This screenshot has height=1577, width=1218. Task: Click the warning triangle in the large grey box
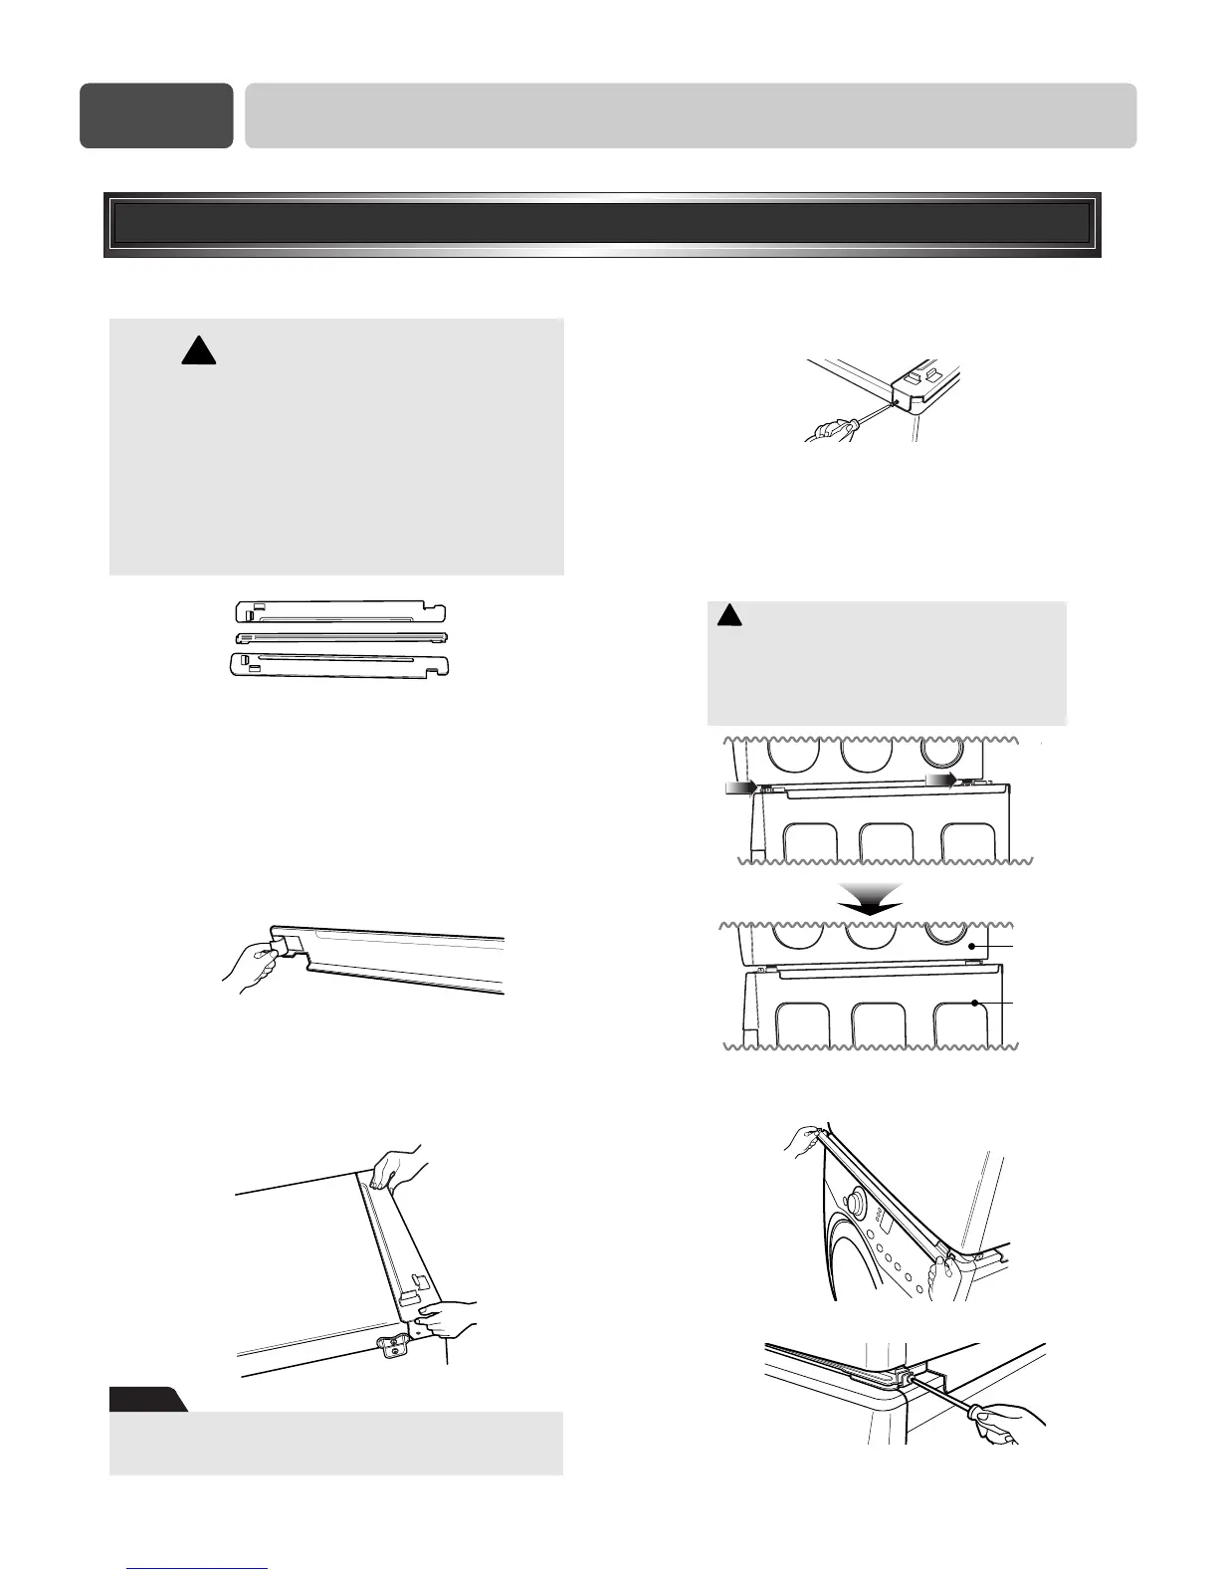tap(199, 351)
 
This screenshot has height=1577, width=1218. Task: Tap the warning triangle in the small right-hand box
tap(729, 615)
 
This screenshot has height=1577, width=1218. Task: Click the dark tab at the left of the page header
tap(156, 115)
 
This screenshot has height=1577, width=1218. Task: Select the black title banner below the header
tap(602, 224)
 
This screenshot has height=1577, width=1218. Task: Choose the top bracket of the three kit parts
tap(338, 610)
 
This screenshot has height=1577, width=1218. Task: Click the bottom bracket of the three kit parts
tap(338, 663)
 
